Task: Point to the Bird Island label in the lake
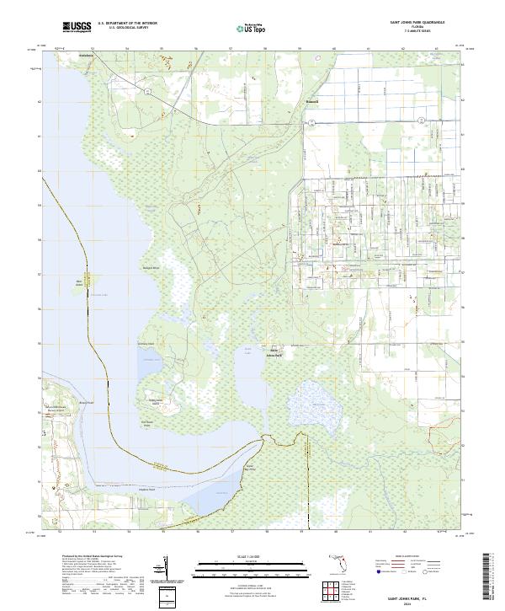81,282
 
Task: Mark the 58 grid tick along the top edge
267,50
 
